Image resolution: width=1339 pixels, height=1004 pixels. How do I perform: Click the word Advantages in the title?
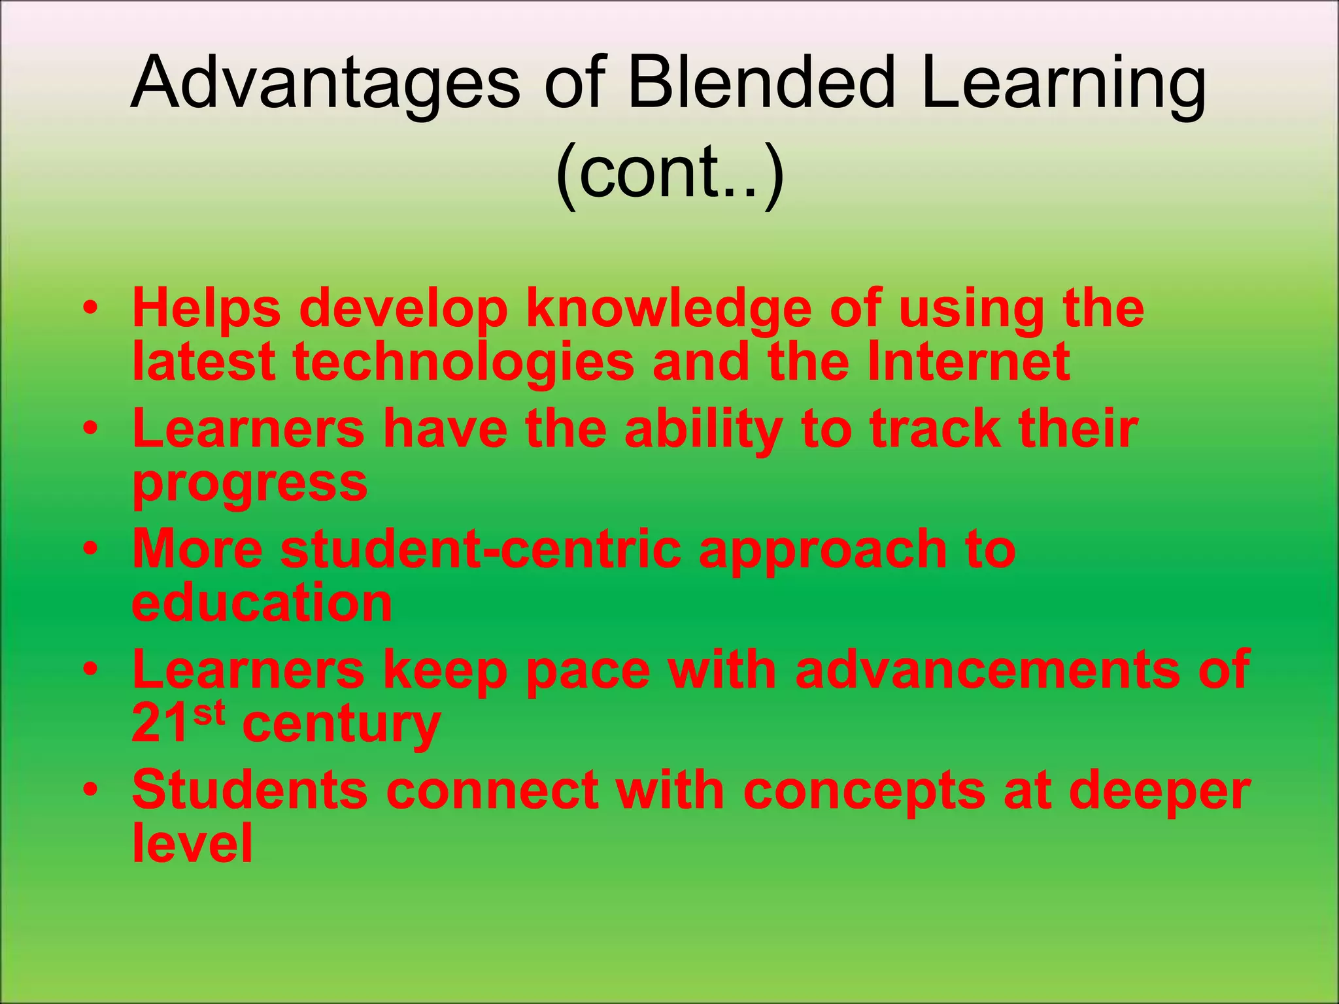[325, 84]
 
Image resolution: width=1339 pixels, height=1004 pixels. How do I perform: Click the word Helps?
[207, 309]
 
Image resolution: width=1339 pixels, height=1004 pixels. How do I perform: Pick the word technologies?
[464, 362]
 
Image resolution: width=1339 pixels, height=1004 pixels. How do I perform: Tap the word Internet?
[968, 362]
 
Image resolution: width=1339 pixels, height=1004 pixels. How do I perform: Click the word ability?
[703, 430]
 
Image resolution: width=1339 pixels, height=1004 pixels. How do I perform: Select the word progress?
[250, 484]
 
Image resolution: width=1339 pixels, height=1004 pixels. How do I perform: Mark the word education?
[262, 603]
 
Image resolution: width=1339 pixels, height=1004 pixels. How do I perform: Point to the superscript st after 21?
[210, 712]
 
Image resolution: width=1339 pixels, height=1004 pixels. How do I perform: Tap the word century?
[341, 724]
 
